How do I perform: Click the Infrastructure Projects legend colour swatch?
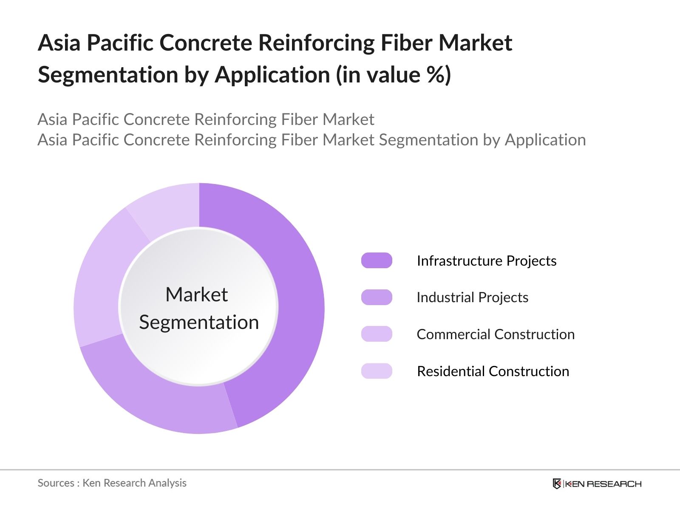377,261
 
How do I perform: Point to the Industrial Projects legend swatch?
377,297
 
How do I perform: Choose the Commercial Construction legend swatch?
377,334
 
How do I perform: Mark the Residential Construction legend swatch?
377,371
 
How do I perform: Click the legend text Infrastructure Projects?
486,261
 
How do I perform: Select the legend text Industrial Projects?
472,297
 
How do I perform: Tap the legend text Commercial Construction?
496,334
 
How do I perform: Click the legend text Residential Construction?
493,371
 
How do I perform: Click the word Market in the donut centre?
196,295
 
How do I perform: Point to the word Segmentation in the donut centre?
199,322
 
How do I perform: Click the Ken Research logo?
597,484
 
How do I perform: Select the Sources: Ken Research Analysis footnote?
112,483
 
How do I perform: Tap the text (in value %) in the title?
393,75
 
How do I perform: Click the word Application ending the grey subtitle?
545,140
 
